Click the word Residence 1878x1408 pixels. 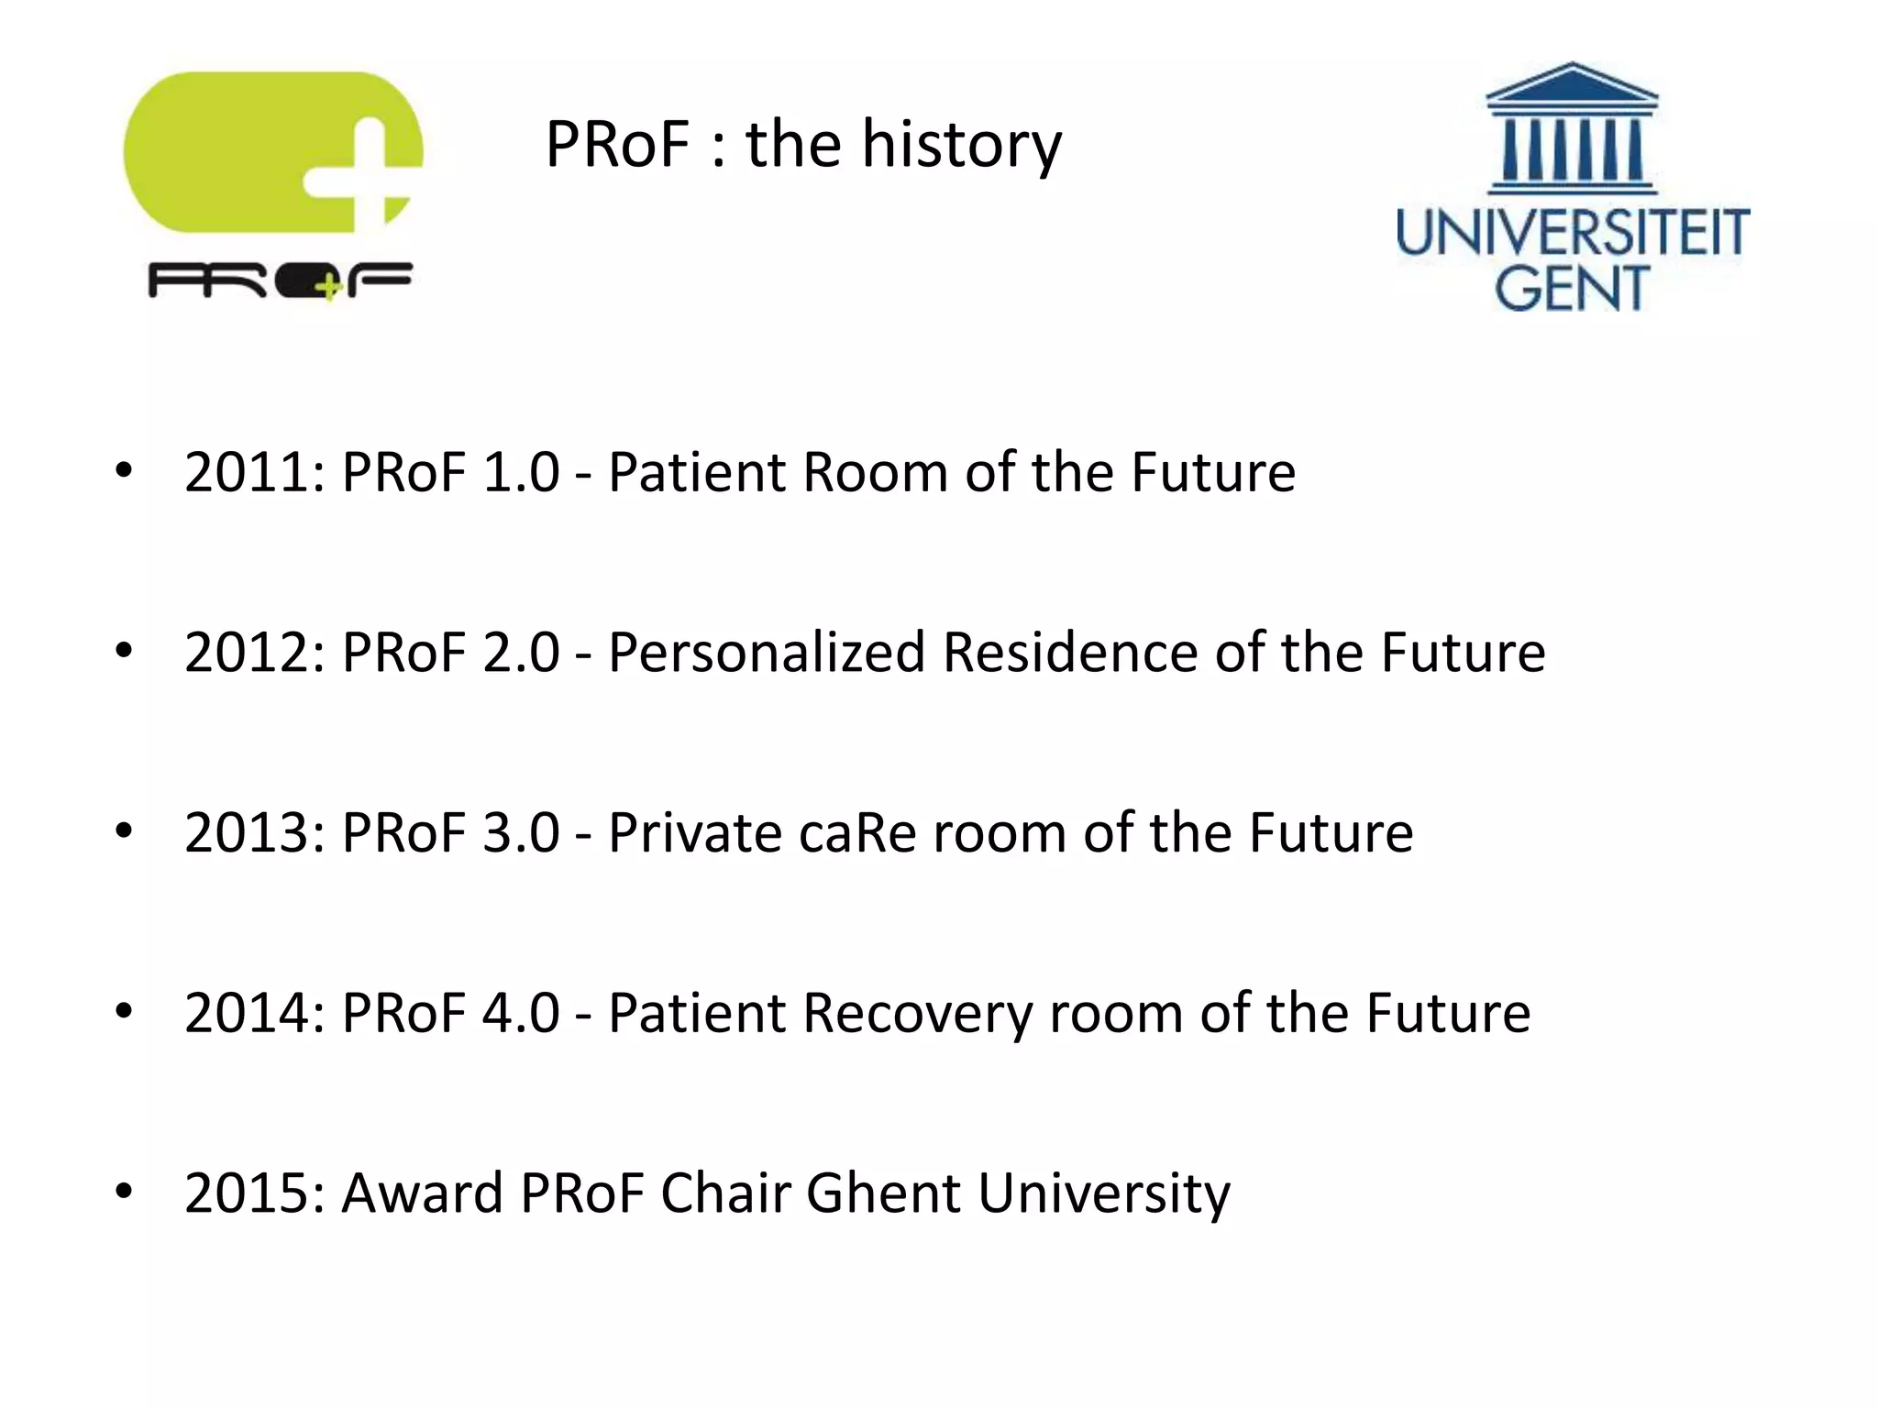(1070, 653)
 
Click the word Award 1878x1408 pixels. (422, 1193)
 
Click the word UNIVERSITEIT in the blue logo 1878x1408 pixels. (1573, 233)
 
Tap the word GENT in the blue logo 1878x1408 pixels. (1573, 288)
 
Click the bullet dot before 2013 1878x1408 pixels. (124, 831)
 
